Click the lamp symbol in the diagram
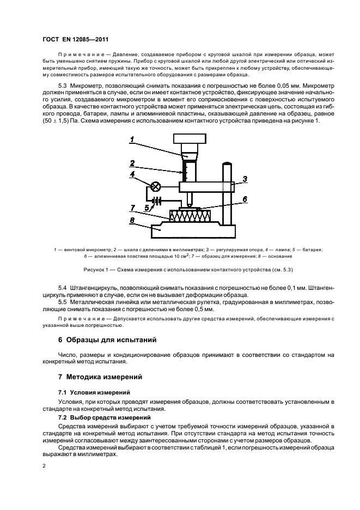(x=155, y=187)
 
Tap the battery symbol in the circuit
(x=158, y=201)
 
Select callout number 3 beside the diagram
(x=245, y=178)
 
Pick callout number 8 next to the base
(x=132, y=221)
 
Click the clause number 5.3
(x=62, y=86)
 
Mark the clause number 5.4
(x=62, y=287)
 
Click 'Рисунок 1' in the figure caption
(x=95, y=269)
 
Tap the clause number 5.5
(x=62, y=301)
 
